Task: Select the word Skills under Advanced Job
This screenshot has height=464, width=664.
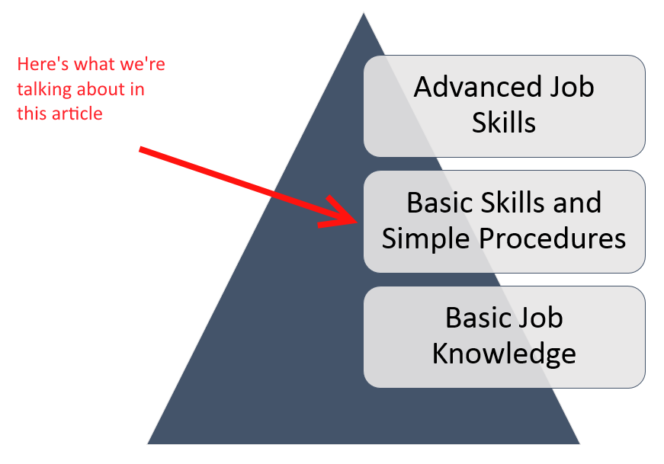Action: click(504, 123)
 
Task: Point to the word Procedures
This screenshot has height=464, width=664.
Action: click(553, 238)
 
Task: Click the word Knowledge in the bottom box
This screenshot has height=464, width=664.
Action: click(504, 354)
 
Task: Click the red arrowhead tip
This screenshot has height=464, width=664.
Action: click(358, 222)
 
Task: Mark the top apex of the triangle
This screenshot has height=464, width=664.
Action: click(364, 13)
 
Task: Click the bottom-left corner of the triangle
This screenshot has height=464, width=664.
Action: click(148, 443)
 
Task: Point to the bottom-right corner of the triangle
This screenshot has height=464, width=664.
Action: click(579, 443)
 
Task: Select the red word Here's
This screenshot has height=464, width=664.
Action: click(43, 64)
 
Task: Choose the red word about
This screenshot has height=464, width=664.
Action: click(101, 89)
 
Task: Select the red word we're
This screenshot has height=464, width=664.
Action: click(143, 64)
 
